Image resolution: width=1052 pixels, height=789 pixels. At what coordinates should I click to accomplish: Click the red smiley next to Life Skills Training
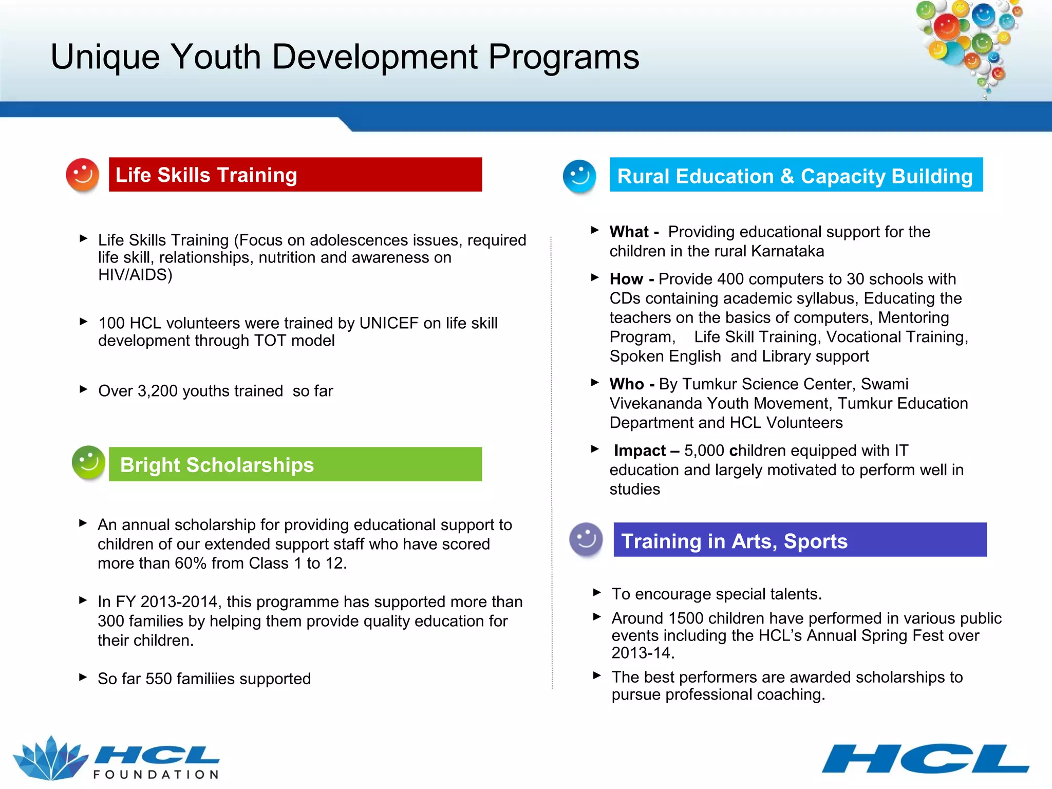(x=82, y=175)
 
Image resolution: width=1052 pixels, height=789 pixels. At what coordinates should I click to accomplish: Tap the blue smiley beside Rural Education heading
(x=579, y=176)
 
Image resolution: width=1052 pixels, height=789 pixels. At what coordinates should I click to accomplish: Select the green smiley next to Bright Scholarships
(x=88, y=462)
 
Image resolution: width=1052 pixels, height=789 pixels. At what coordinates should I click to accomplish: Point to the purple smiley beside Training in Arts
(x=586, y=539)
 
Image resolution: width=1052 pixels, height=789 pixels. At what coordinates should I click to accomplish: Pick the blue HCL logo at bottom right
(x=925, y=759)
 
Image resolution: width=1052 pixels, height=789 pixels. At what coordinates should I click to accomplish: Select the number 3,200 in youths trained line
(x=157, y=391)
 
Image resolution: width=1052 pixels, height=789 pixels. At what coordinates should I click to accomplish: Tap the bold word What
(x=629, y=232)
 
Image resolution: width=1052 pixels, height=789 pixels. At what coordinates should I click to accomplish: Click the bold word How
(x=626, y=279)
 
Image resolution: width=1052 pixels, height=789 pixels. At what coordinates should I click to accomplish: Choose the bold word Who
(x=627, y=384)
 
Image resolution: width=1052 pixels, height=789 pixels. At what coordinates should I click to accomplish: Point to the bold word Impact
(x=640, y=450)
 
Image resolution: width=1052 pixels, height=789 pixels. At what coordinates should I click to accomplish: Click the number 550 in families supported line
(x=159, y=679)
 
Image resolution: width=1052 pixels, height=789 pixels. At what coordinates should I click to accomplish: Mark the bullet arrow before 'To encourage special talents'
(x=596, y=592)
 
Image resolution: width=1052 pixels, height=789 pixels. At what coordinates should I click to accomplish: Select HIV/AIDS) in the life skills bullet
(x=135, y=275)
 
